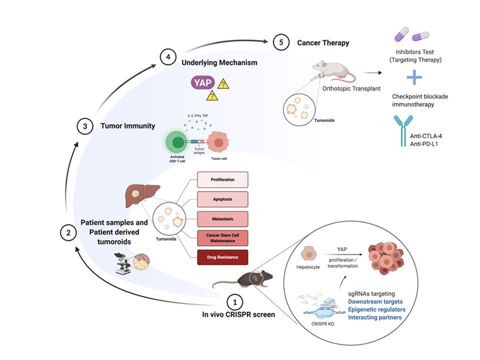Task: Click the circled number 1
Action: (234, 302)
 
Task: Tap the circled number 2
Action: (68, 231)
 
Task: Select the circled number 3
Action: (85, 126)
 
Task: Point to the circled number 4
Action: (168, 56)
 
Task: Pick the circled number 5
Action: (281, 42)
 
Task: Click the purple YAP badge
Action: (202, 83)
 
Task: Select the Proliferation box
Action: (222, 179)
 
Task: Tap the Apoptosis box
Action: (222, 198)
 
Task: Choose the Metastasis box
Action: (222, 218)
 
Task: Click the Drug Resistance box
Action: (222, 257)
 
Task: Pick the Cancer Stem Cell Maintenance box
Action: (222, 238)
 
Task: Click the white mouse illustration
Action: (334, 71)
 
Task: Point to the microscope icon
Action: (122, 264)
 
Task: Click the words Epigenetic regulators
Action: (376, 309)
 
